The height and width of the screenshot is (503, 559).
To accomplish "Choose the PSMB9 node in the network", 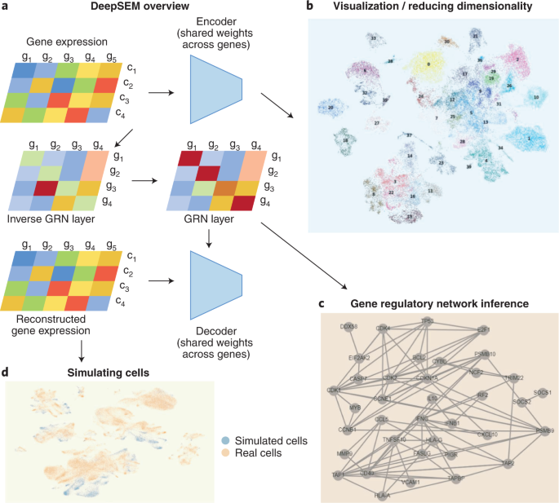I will pos(539,429).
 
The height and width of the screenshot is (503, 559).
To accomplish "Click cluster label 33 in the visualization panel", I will pos(373,38).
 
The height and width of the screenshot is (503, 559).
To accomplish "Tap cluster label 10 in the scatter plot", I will pos(535,97).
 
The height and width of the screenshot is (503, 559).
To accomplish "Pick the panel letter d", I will pos(7,373).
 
